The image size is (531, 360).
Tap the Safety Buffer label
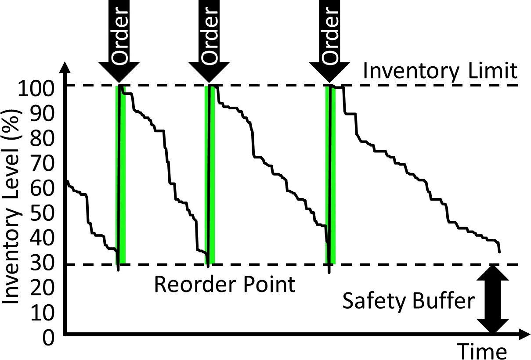pyautogui.click(x=408, y=302)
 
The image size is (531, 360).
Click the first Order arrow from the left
pyautogui.click(x=119, y=42)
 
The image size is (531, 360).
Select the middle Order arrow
pyautogui.click(x=209, y=42)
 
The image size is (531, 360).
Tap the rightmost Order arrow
pyautogui.click(x=330, y=42)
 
